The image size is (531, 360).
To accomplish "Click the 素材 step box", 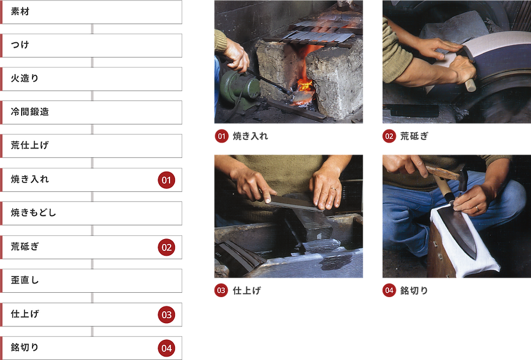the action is [92, 12].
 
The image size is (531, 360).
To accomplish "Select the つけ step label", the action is [20, 45].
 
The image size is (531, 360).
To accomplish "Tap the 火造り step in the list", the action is [92, 79].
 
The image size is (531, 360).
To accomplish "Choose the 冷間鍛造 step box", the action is [92, 112].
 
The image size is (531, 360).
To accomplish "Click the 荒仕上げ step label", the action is [30, 145].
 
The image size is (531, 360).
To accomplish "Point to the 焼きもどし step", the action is [92, 213].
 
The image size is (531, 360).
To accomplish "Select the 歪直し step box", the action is [92, 281].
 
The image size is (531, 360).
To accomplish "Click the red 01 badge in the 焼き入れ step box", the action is [166, 180].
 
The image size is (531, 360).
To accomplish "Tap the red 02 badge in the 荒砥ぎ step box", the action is [166, 247].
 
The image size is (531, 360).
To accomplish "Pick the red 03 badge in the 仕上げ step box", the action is [166, 314].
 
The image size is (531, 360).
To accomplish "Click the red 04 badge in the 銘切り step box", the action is [166, 348].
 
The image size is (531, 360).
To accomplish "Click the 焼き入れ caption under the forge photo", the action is [250, 136].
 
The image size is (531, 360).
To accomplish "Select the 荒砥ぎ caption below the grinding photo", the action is [414, 136].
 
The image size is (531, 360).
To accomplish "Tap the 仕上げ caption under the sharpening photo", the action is [247, 291].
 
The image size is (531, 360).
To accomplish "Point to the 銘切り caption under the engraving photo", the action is [414, 291].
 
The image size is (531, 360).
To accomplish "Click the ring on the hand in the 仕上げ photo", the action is [333, 189].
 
